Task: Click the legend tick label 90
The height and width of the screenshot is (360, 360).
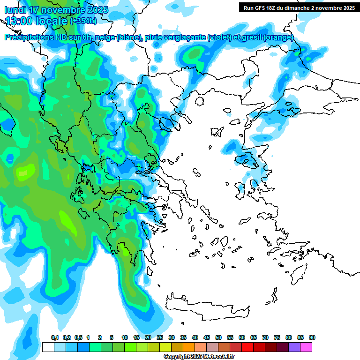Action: pyautogui.click(x=312, y=337)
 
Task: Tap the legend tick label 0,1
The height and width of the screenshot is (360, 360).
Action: pyautogui.click(x=55, y=337)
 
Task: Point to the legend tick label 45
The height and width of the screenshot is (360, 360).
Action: pyautogui.click(x=207, y=337)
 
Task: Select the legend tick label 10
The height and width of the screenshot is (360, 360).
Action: pyautogui.click(x=125, y=337)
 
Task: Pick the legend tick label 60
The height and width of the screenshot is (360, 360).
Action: pyautogui.click(x=242, y=337)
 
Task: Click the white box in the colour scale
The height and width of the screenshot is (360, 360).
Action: pyautogui.click(x=48, y=347)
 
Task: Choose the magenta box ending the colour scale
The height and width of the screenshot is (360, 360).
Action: pyautogui.click(x=306, y=347)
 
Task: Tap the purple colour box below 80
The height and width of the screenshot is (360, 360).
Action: pyautogui.click(x=294, y=347)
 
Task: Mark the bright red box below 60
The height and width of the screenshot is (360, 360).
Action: pyautogui.click(x=247, y=347)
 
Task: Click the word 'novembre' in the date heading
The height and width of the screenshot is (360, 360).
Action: pyautogui.click(x=61, y=10)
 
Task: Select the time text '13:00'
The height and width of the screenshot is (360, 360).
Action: pyautogui.click(x=18, y=21)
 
